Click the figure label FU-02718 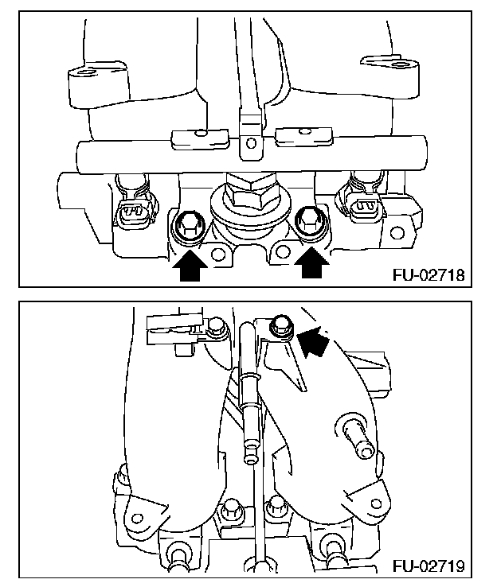coord(428,276)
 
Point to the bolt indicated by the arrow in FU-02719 coord(279,324)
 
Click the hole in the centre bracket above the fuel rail coord(249,144)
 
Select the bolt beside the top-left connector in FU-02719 coord(215,326)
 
